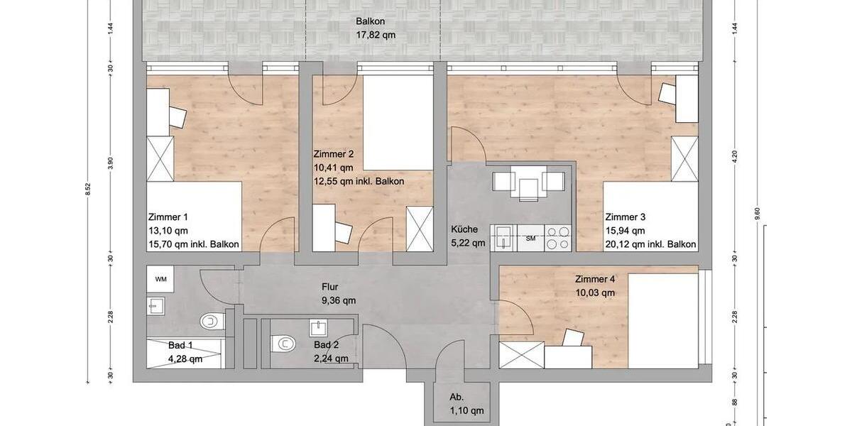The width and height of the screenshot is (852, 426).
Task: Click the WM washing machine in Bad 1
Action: click(160, 279)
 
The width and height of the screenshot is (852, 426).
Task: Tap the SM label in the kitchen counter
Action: click(530, 239)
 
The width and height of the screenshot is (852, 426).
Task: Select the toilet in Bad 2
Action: click(283, 344)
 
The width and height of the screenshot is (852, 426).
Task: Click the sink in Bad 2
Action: click(319, 328)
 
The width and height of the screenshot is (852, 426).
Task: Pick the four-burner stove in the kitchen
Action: click(557, 238)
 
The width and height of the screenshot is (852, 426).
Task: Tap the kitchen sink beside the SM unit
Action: click(503, 238)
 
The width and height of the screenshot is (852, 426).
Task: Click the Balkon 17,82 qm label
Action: click(376, 28)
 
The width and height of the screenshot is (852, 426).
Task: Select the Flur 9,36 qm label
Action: click(339, 294)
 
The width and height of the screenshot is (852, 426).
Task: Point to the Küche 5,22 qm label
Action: click(468, 236)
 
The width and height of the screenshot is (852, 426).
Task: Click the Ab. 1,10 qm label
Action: click(466, 404)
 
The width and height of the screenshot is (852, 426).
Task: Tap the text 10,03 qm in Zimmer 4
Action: click(595, 293)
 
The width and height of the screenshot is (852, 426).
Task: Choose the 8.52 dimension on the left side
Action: click(88, 189)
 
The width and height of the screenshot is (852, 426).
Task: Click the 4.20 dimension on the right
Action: click(734, 157)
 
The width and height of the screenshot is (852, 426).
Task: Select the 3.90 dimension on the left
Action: click(111, 163)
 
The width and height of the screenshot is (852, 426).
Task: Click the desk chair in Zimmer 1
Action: click(177, 116)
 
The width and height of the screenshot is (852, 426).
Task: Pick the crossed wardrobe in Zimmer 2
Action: click(420, 229)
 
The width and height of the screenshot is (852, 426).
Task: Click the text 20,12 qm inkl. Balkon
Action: click(651, 244)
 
